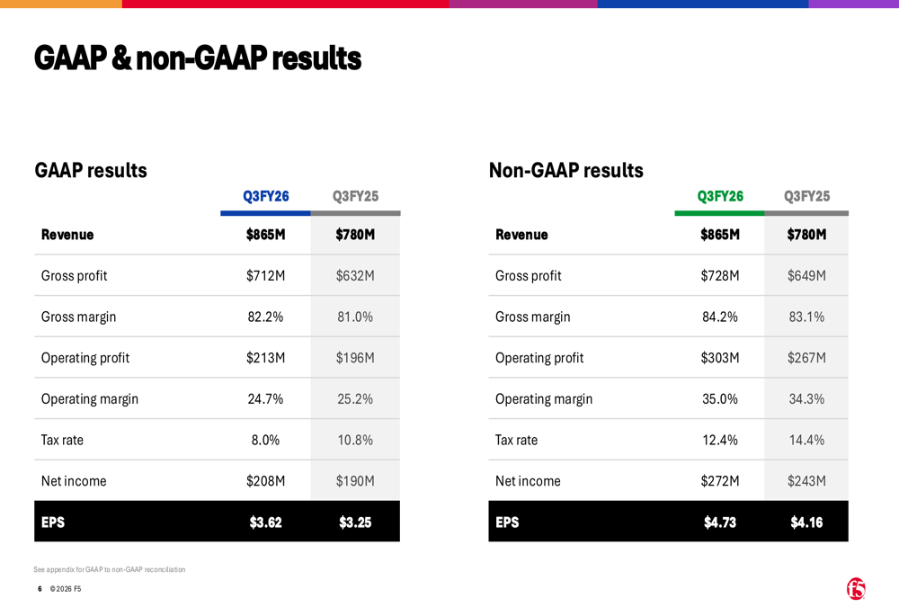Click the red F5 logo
tap(856, 588)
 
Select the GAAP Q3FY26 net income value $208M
tap(265, 481)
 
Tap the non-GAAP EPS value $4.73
tap(719, 522)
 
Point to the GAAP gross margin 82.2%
tap(265, 317)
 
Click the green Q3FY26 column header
tap(720, 196)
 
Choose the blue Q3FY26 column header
tap(265, 196)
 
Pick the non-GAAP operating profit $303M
tap(719, 358)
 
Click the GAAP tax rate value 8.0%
tap(265, 441)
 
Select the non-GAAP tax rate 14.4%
tap(806, 441)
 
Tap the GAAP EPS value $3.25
tap(355, 522)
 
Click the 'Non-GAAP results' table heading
tap(565, 170)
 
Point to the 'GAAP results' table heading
tap(91, 170)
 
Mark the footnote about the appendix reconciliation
tap(110, 569)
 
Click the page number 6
tap(40, 589)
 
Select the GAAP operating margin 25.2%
tap(355, 399)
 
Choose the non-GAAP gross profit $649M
tap(806, 276)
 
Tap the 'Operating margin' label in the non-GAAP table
tap(544, 399)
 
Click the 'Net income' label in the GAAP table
tap(74, 481)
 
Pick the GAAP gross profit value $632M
tap(355, 276)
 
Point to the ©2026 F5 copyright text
tap(66, 589)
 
